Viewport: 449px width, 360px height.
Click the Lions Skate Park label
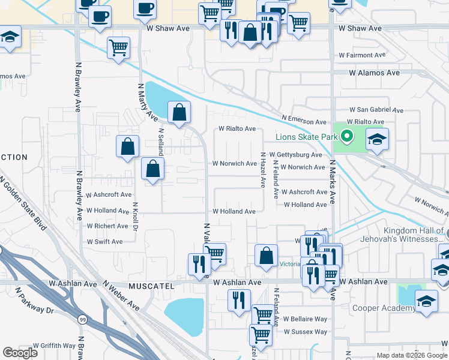pos(307,137)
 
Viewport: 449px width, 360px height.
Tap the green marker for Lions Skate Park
pos(346,137)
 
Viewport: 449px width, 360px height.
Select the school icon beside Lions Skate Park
pos(376,139)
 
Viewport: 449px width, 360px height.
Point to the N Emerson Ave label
pos(304,119)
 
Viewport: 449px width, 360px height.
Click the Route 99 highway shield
pos(80,319)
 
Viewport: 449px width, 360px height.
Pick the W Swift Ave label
pos(104,242)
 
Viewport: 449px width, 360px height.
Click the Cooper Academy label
pos(384,308)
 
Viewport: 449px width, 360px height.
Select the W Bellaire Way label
pos(306,319)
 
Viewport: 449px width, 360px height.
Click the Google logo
pos(20,353)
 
